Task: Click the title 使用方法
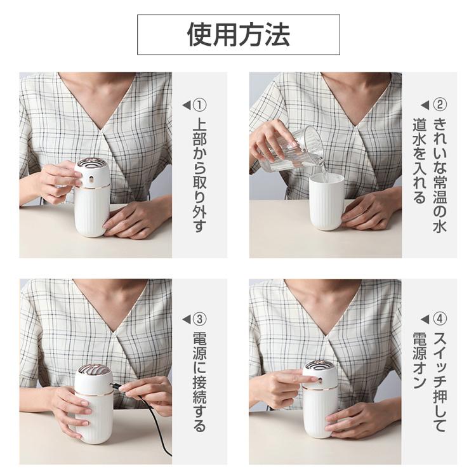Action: pyautogui.click(x=238, y=35)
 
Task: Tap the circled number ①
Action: pyautogui.click(x=200, y=105)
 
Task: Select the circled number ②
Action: pyautogui.click(x=440, y=105)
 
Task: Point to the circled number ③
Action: pyautogui.click(x=200, y=319)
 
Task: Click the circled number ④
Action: pyautogui.click(x=440, y=319)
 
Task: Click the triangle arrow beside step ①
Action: pyautogui.click(x=187, y=105)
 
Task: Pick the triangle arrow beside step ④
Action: pyautogui.click(x=425, y=319)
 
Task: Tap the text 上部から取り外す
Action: pyautogui.click(x=200, y=175)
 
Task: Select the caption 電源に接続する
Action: pyautogui.click(x=200, y=382)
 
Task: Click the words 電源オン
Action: pyautogui.click(x=420, y=360)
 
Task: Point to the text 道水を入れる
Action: pyautogui.click(x=420, y=161)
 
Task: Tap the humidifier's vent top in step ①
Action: pyautogui.click(x=91, y=162)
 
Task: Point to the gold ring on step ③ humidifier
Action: pyautogui.click(x=94, y=393)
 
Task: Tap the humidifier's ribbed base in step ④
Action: pyautogui.click(x=321, y=413)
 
